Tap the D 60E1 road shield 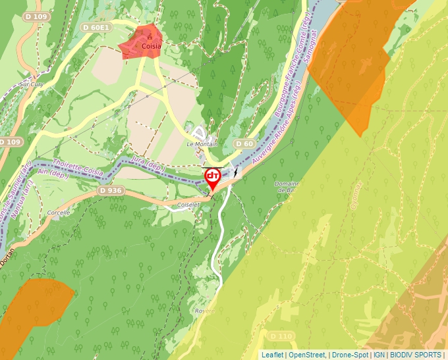coord(96,28)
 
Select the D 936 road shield coord(111,190)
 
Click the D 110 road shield coord(281,337)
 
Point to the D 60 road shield coord(244,143)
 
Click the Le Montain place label coord(201,143)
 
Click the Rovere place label coord(206,311)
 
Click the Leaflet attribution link coord(272,355)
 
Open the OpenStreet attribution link coord(306,355)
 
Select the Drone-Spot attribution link coord(350,355)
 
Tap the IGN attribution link coord(379,355)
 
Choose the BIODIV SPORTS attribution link coord(416,355)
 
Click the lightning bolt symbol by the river coord(235,172)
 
